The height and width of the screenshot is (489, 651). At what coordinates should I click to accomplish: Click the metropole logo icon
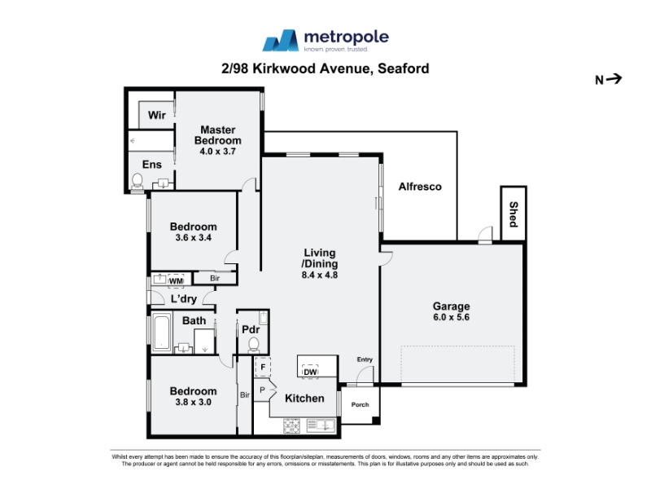[x=281, y=40]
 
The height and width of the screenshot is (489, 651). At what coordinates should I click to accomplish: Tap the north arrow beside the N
[x=614, y=78]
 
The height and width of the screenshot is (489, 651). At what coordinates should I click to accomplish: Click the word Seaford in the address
[x=403, y=68]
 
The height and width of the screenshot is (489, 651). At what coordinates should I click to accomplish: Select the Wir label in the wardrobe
[x=156, y=115]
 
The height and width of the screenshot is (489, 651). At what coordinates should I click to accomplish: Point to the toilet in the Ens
[x=137, y=181]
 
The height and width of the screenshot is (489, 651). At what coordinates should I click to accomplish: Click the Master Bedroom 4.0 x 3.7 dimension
[x=217, y=152]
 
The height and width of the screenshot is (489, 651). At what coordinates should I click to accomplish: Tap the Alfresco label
[x=420, y=187]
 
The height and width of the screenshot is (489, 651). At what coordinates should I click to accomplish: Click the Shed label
[x=513, y=214]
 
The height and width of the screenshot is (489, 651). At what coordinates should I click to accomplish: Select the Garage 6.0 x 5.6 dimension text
[x=452, y=317]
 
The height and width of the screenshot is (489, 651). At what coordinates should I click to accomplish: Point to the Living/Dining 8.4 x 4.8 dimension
[x=319, y=275]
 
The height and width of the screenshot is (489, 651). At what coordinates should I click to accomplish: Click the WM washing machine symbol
[x=176, y=280]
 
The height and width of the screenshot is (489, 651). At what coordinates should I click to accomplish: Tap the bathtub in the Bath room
[x=161, y=332]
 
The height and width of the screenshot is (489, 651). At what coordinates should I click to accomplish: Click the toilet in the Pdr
[x=253, y=345]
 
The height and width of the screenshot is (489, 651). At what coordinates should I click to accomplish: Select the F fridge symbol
[x=262, y=368]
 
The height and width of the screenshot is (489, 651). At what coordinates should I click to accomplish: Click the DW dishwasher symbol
[x=310, y=372]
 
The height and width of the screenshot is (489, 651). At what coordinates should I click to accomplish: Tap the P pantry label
[x=262, y=390]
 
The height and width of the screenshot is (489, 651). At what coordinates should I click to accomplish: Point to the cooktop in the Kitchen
[x=291, y=425]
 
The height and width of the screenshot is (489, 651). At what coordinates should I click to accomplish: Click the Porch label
[x=360, y=404]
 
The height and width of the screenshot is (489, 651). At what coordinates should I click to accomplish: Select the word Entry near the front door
[x=365, y=359]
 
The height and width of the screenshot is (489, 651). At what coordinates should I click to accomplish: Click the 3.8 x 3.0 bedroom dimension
[x=193, y=402]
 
